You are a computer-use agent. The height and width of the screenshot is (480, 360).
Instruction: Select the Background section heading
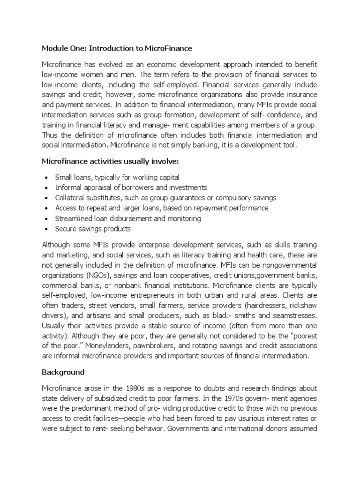(63, 372)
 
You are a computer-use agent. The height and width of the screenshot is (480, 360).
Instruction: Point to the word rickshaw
(304, 306)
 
